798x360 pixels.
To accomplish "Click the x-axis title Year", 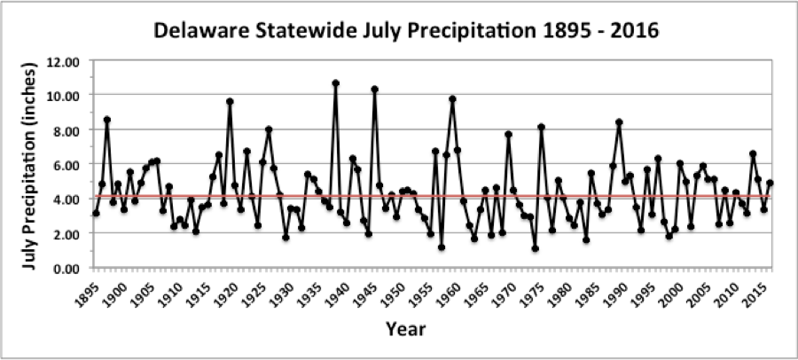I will coord(407,329).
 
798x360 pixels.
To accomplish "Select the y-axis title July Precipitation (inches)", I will coord(26,165).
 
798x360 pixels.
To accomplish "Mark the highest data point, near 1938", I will coord(335,83).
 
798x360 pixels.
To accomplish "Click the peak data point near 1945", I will coord(374,89).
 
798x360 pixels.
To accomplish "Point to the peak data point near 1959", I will coord(452,99).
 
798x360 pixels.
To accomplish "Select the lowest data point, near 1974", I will coord(536,248).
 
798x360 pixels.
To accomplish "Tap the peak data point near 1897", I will coord(106,120).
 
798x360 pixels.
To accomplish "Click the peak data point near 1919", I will coord(230,101).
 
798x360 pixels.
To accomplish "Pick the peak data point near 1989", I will coord(619,122).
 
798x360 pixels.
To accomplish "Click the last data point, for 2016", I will coord(770,184).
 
